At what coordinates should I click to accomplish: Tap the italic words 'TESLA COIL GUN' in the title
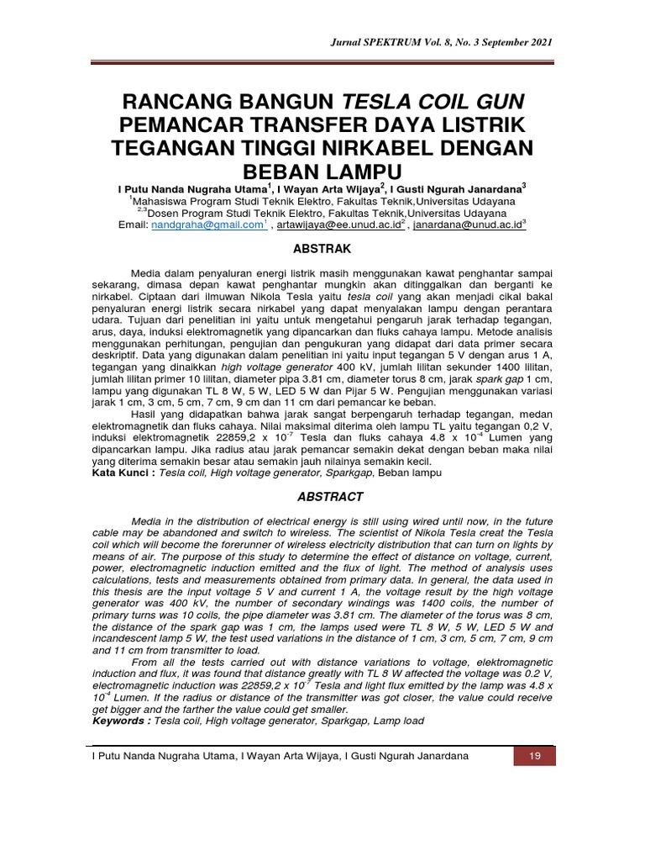click(432, 103)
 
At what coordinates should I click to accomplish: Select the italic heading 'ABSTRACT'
click(322, 497)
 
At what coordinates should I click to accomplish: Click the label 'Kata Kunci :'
click(123, 473)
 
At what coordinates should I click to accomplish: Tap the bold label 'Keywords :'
click(121, 721)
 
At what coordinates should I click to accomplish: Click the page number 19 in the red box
click(533, 757)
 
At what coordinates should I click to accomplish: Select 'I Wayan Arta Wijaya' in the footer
click(291, 757)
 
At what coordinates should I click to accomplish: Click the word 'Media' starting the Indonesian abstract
click(147, 273)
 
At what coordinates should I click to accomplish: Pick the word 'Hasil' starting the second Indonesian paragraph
click(147, 415)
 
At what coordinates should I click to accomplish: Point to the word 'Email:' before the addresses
click(133, 225)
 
